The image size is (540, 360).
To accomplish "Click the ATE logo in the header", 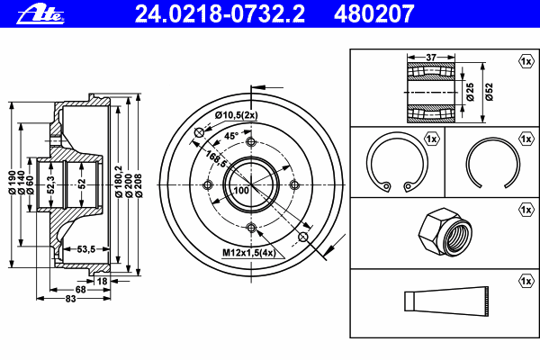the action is pos(40,13).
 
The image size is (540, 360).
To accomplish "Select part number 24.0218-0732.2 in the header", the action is pos(220,13).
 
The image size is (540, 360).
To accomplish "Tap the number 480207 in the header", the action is pos(374,13).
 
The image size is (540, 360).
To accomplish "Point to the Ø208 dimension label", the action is pos(139,185).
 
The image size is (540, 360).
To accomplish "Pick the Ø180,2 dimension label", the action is pos(119,182).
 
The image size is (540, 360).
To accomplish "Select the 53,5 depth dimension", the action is pos(86,248).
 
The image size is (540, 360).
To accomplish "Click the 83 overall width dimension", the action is pos(70,299).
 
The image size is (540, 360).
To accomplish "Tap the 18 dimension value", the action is pos(102,281).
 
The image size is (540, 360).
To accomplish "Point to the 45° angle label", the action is pos(231,136).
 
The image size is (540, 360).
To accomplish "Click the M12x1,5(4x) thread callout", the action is pos(249,253).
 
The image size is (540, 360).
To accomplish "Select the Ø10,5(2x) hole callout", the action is pos(236,115).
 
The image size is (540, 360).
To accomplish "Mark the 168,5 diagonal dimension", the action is pos(216,158).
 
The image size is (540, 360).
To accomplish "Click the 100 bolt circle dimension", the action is pos(241,190).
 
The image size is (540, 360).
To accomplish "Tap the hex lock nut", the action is pos(445,232).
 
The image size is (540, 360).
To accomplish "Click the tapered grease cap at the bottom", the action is pos(446,301).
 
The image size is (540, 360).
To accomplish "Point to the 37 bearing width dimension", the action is pos(431,57).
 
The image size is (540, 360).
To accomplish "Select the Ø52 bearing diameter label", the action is pos(489,92).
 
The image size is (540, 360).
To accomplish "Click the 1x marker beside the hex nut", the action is pos(526,210).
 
